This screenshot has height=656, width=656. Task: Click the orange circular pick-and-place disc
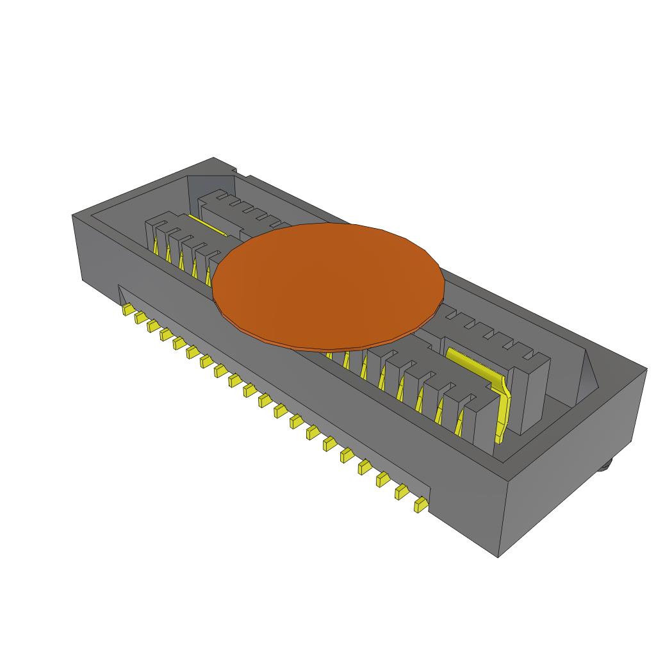328,286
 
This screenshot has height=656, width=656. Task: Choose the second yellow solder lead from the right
402,491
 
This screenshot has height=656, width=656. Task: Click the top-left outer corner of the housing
72,217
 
